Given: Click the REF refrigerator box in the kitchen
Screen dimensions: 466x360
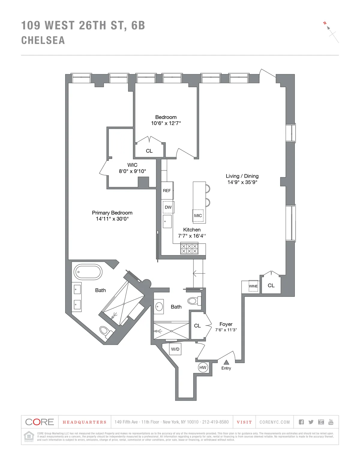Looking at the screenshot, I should pos(167,191).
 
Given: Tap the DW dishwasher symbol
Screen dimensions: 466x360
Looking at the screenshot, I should pos(168,207).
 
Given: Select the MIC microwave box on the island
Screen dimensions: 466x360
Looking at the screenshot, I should pos(198,215).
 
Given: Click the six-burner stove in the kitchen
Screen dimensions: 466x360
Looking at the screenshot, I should pos(189,249).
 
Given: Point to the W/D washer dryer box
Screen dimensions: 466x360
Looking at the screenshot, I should pos(175,349).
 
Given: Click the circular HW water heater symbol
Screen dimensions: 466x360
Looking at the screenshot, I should pos(203,367).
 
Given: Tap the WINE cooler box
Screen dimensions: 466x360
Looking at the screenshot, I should pos(253,286).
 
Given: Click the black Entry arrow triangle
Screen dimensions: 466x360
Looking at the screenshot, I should pos(226,362).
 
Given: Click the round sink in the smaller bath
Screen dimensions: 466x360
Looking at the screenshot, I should pos(159,307).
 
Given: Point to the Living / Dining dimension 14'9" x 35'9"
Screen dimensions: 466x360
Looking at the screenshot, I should pos(242,182).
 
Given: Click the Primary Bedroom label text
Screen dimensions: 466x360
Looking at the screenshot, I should pos(112,213).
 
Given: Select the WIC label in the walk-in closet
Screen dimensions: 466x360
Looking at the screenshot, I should pos(132,165).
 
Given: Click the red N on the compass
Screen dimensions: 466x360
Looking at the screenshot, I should pos(325,23).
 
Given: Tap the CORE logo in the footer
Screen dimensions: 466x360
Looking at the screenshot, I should pos(39,422).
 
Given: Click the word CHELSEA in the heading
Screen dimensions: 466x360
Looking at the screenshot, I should pos(43,41).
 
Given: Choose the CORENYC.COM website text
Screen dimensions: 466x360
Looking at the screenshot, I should pos(274,422).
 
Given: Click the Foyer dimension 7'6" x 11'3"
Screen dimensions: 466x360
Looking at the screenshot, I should pos(226,330).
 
